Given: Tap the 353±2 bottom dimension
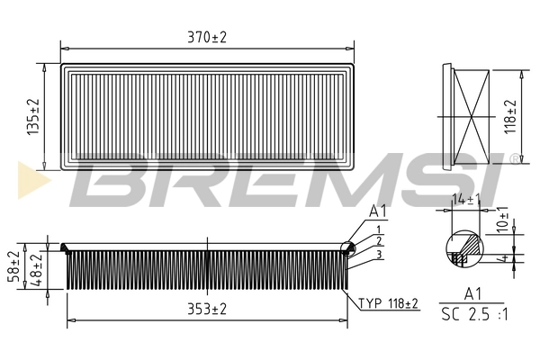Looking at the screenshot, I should pos(207,309).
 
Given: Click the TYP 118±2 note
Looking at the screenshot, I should pos(389,303).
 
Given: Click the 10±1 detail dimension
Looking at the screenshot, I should pos(504,221).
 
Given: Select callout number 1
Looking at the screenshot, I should pos(381,229).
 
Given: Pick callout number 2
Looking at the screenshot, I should pos(381,241).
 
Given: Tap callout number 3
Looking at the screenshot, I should pos(381,255).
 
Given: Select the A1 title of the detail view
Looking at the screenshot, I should pos(472,293).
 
